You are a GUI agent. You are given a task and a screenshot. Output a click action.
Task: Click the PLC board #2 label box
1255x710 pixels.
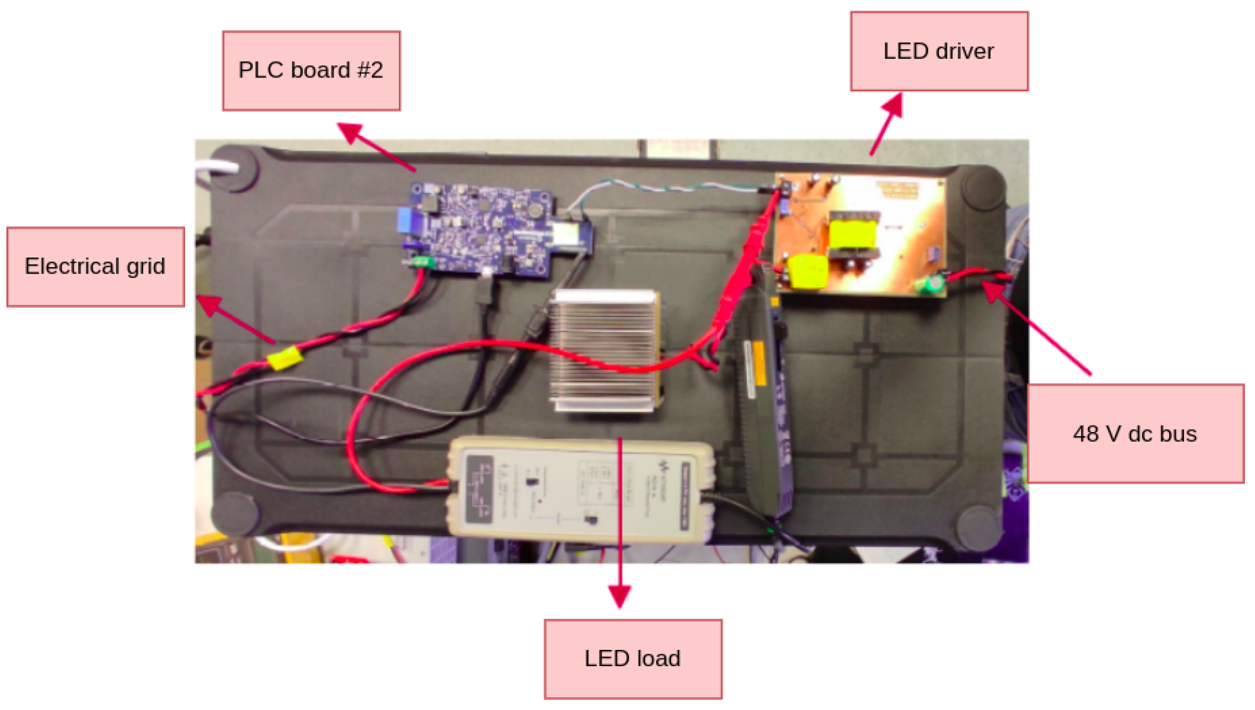pos(311,71)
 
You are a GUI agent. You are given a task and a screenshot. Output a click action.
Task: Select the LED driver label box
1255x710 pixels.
pos(938,52)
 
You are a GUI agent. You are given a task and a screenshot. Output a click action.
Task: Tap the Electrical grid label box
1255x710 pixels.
pos(95,266)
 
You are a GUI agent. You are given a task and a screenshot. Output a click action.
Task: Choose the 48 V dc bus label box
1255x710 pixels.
pos(1134,433)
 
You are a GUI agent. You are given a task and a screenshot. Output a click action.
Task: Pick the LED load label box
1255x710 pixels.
pos(633,658)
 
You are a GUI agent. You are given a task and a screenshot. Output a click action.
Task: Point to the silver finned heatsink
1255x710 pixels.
pos(606,351)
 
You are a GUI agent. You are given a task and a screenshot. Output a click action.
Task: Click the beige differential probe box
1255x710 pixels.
pos(580,489)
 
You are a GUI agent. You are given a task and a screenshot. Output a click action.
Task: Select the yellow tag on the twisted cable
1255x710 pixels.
pos(285,358)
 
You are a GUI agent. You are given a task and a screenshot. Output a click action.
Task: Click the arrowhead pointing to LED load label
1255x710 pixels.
pos(619,596)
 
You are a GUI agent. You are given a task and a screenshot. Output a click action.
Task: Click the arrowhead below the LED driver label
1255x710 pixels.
pos(893,104)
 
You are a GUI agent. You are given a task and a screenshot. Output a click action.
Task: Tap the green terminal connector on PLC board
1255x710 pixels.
pos(424,262)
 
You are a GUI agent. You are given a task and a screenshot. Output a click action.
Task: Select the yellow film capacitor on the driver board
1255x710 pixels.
pos(807,271)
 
